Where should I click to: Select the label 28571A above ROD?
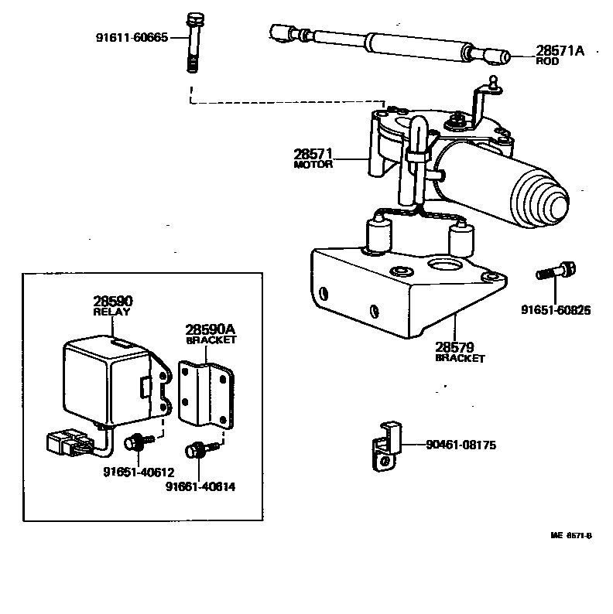pos(560,50)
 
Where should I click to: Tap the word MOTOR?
pos(313,164)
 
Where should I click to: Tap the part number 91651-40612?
pos(137,472)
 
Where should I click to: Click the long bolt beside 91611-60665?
pos(192,43)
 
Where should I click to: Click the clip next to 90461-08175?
pos(385,448)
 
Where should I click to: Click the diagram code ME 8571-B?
pos(572,535)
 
